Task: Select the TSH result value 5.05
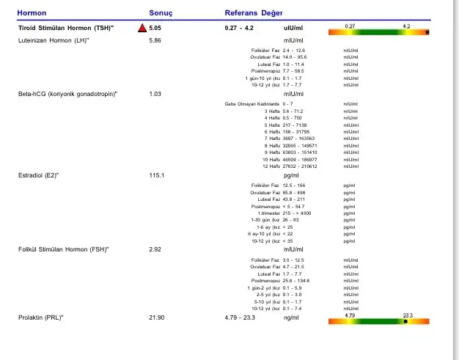click(155, 29)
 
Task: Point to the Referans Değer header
click(254, 13)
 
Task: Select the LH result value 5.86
click(155, 40)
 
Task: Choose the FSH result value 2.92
click(155, 250)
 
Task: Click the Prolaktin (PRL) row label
click(41, 317)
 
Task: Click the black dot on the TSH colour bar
click(427, 32)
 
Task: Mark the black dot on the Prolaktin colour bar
click(407, 321)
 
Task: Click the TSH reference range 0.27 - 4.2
click(239, 29)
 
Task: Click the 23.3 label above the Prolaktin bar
click(408, 315)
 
